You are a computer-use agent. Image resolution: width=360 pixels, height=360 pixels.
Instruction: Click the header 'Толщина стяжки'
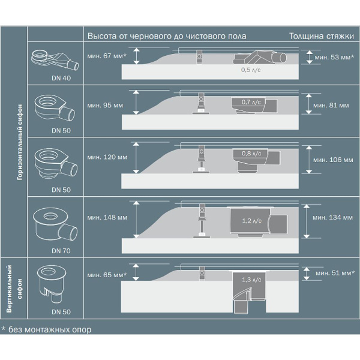(x=322, y=36)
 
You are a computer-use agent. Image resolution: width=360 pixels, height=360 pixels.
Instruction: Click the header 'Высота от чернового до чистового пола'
(x=167, y=36)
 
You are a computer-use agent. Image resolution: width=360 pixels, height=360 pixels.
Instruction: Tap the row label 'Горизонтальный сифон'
(x=20, y=142)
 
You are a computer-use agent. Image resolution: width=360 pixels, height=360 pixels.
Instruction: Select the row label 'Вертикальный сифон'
(x=14, y=289)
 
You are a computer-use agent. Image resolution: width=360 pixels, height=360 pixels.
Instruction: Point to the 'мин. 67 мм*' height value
(x=107, y=56)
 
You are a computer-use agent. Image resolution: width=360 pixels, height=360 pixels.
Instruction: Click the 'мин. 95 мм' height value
(x=105, y=106)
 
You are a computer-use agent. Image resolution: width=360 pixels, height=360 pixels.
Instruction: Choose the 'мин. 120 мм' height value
(x=107, y=157)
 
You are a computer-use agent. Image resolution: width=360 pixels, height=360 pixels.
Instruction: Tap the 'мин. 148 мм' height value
(x=107, y=217)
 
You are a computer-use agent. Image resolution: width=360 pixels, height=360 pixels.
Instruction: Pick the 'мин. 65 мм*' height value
(x=107, y=275)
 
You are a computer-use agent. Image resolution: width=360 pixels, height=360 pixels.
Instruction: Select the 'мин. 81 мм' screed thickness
(x=331, y=106)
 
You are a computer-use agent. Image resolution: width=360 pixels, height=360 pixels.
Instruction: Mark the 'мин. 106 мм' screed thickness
(x=333, y=160)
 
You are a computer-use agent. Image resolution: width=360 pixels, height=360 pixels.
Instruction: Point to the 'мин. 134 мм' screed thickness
(x=332, y=217)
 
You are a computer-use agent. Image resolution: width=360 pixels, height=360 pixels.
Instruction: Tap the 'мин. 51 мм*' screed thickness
(x=335, y=273)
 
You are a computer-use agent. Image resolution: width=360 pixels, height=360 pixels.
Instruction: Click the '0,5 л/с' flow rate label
(x=251, y=70)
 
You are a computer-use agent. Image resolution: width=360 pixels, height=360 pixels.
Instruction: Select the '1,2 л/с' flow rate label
(x=251, y=221)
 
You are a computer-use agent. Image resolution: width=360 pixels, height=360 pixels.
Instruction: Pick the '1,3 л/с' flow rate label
(x=251, y=280)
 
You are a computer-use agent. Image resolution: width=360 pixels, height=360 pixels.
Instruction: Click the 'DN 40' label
(x=61, y=78)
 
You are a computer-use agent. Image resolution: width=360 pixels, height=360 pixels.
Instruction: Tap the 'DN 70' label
(x=61, y=251)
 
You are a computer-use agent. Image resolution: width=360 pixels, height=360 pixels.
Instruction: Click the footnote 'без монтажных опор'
(x=50, y=329)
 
